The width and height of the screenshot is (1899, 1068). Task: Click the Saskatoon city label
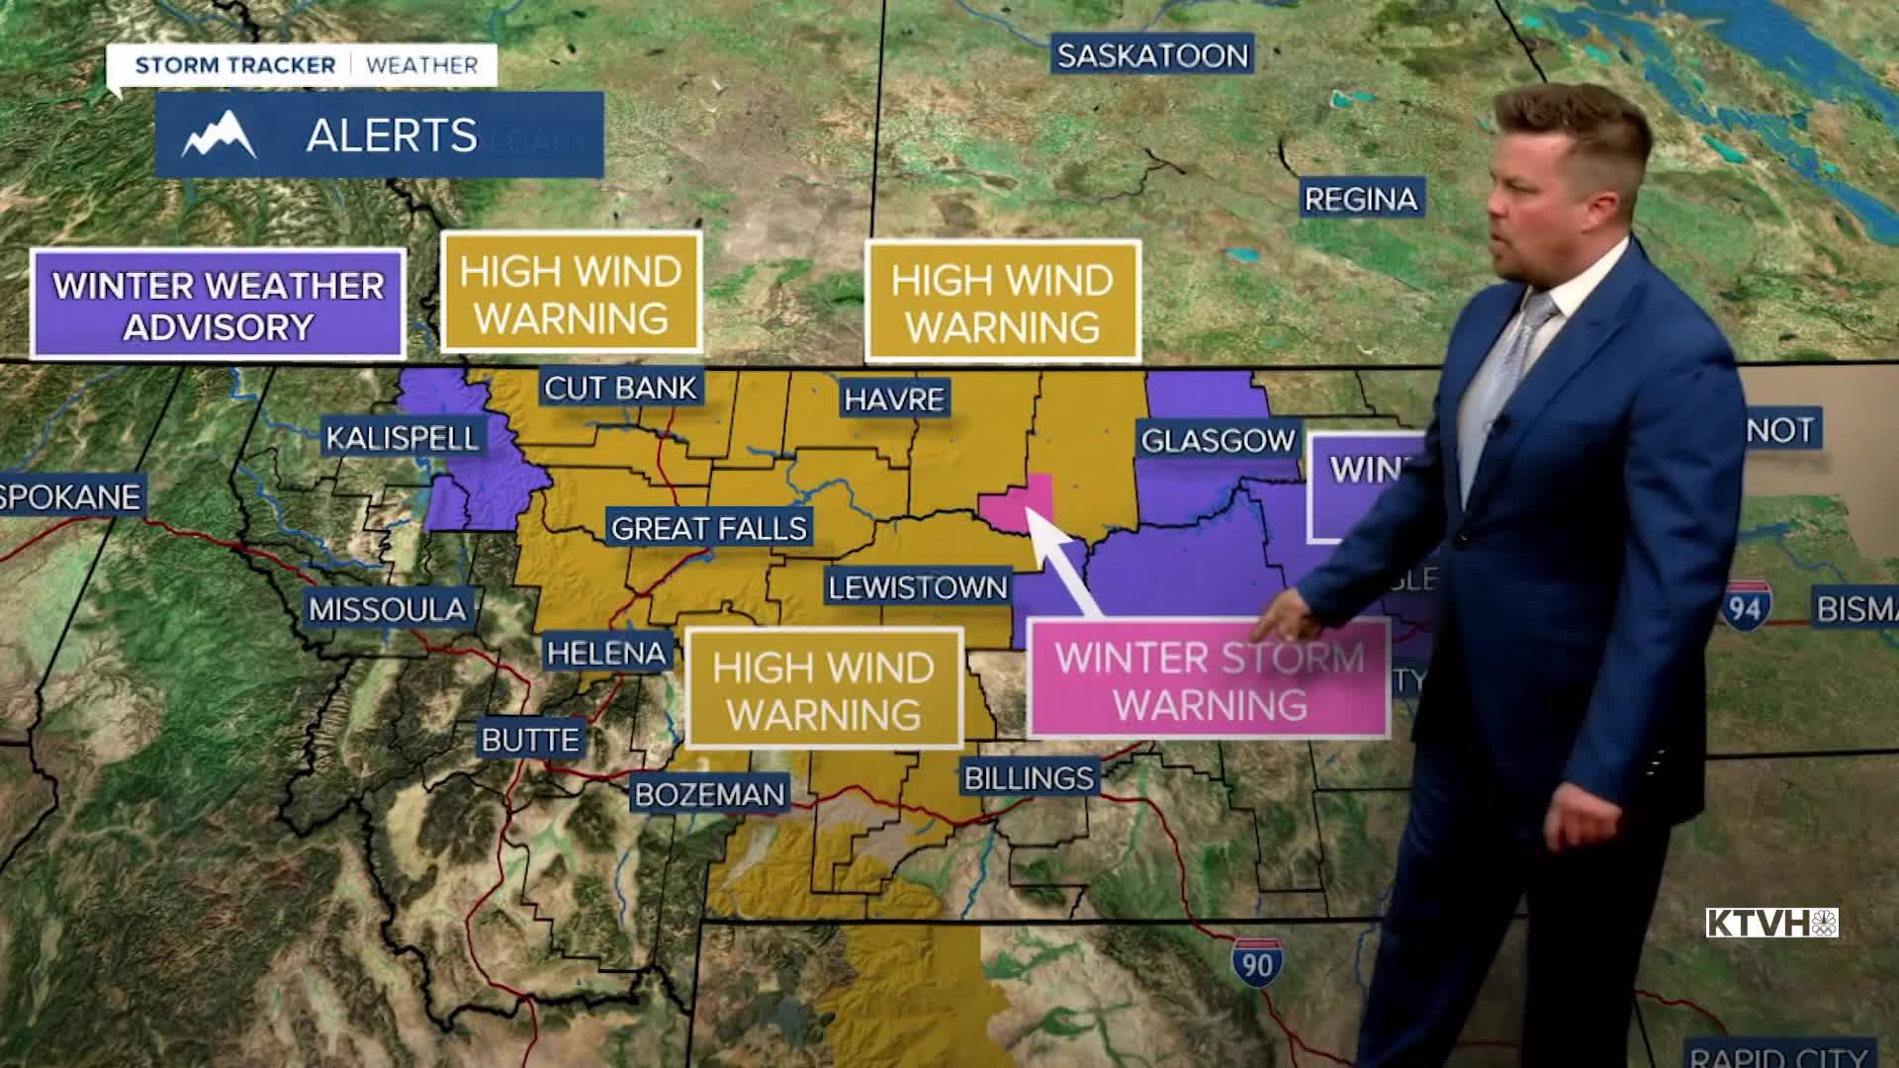1152,55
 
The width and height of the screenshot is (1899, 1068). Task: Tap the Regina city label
1361,199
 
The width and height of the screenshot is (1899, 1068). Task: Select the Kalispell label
402,437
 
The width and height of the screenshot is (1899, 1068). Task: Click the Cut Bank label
621,388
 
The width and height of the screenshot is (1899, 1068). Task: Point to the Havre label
894,400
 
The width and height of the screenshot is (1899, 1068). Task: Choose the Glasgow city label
1218,440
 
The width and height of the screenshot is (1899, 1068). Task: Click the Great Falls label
709,528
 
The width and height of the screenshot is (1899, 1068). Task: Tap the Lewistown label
917,588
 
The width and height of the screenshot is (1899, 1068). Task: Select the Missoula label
387,609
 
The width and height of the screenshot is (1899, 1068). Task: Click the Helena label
606,653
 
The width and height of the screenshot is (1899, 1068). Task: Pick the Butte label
530,740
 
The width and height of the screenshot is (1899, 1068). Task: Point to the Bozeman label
709,794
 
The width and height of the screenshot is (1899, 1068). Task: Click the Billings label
1029,778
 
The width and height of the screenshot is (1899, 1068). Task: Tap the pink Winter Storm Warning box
1209,681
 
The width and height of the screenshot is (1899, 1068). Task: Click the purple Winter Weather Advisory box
218,305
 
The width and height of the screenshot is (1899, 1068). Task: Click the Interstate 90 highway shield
1257,961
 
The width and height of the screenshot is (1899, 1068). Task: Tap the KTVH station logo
1771,923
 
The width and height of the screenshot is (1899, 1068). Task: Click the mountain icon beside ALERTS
220,135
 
